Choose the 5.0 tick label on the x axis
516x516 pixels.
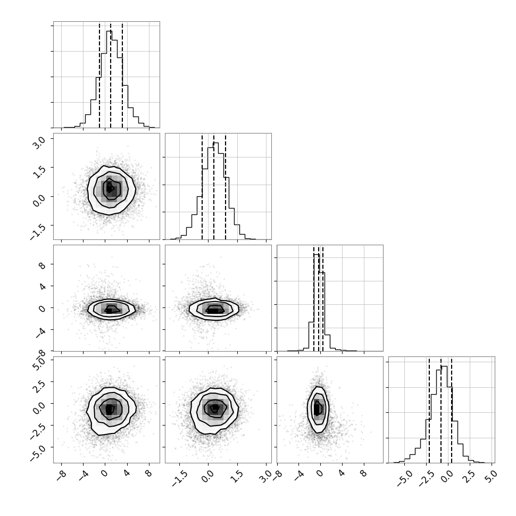coord(490,476)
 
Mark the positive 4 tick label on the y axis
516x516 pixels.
coord(43,286)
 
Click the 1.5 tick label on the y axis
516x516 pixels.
coord(38,171)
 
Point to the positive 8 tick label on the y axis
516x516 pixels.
coord(43,264)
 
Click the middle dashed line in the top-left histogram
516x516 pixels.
coord(111,76)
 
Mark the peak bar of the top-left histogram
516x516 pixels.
coord(109,79)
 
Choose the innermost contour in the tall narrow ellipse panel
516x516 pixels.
coord(317,407)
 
